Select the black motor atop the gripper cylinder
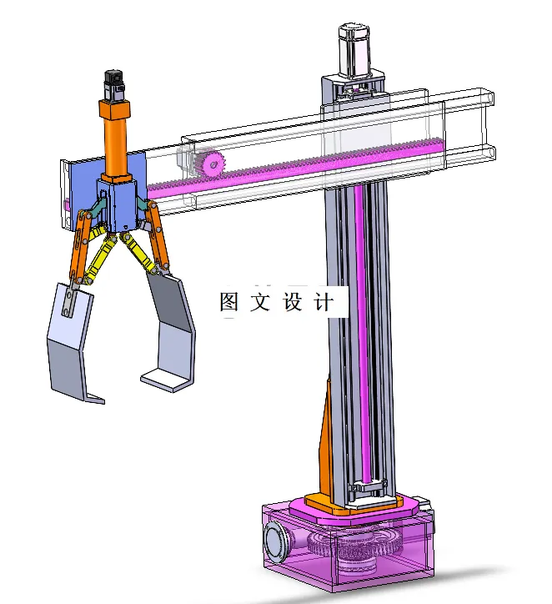[113, 87]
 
